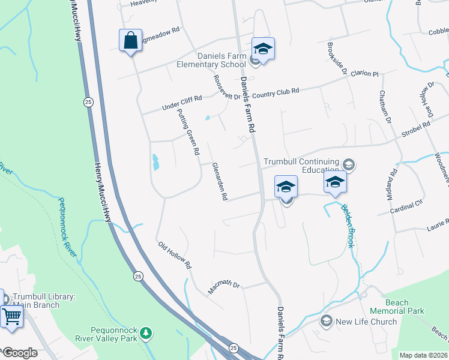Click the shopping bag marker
(x=131, y=41)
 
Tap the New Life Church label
(x=366, y=322)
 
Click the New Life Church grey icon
(x=327, y=321)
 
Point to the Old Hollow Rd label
(x=174, y=254)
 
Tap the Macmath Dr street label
(x=223, y=287)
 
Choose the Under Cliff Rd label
(x=181, y=103)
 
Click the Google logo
(x=20, y=353)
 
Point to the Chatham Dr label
(x=385, y=108)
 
